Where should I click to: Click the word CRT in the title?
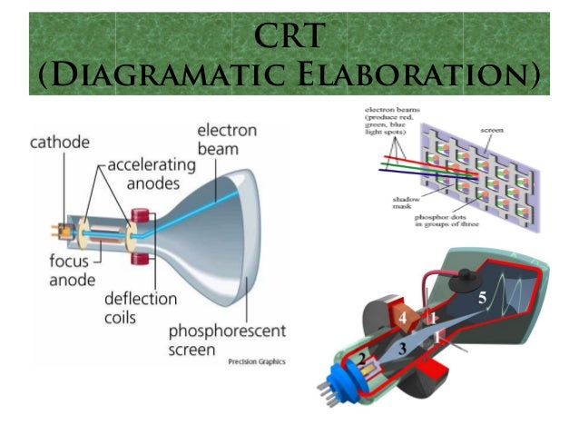pos(289,35)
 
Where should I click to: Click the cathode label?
pos(60,143)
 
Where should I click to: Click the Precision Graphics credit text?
pos(257,361)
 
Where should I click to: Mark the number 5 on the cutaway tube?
pos(483,297)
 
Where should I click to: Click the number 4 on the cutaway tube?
pos(401,317)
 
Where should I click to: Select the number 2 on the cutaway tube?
pos(360,361)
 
